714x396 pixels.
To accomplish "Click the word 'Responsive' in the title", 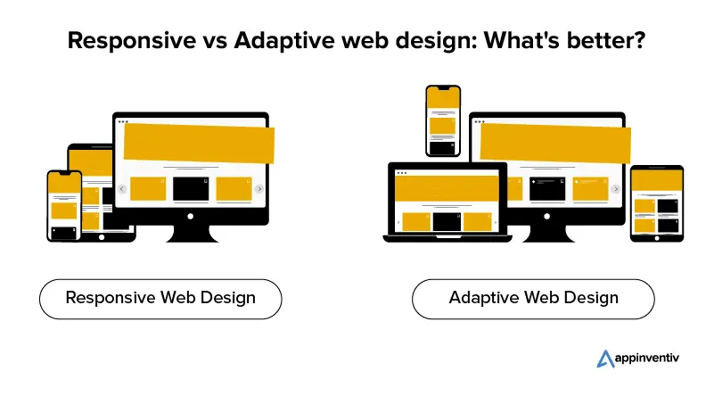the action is (132, 40).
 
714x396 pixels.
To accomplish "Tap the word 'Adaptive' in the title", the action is (283, 40).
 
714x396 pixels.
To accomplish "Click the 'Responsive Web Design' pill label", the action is (160, 299).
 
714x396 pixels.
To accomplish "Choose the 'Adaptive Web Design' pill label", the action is (533, 299).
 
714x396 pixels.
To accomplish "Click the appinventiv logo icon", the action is (605, 359).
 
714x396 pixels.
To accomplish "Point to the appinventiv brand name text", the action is (646, 359).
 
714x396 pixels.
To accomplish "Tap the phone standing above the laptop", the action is (443, 120).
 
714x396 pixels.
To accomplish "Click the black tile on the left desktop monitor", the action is (191, 189).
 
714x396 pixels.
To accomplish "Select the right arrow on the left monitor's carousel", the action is (259, 189).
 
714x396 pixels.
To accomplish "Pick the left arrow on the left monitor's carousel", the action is (121, 189).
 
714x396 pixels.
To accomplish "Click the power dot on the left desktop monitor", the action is (191, 217).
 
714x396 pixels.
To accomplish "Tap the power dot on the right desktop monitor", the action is (547, 217).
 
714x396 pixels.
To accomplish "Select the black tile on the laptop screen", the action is (447, 222).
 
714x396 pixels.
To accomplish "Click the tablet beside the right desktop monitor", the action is (657, 203).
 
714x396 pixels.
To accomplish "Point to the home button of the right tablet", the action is (657, 238).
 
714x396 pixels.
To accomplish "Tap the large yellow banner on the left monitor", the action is (199, 143).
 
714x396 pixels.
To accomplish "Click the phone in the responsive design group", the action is (64, 206).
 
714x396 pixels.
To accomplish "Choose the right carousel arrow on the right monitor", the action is (616, 189).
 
